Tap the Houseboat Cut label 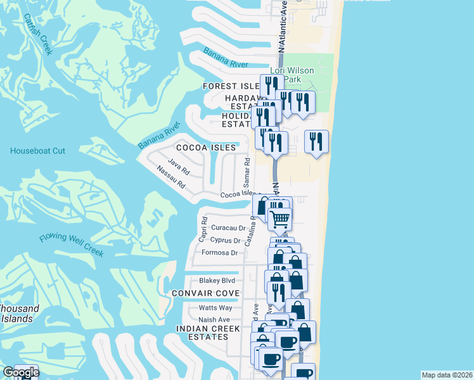pos(37,151)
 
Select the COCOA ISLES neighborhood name pos(206,148)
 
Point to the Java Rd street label pos(180,167)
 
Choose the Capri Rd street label pos(204,229)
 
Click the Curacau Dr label pos(228,227)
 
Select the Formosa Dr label pos(219,253)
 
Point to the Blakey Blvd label pos(217,281)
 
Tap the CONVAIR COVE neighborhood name pos(205,293)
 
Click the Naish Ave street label pos(214,320)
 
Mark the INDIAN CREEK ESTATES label pos(208,333)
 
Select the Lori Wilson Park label pos(292,75)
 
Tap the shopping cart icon pos(279,218)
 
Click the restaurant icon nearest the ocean pos(316,141)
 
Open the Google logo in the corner pos(21,372)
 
